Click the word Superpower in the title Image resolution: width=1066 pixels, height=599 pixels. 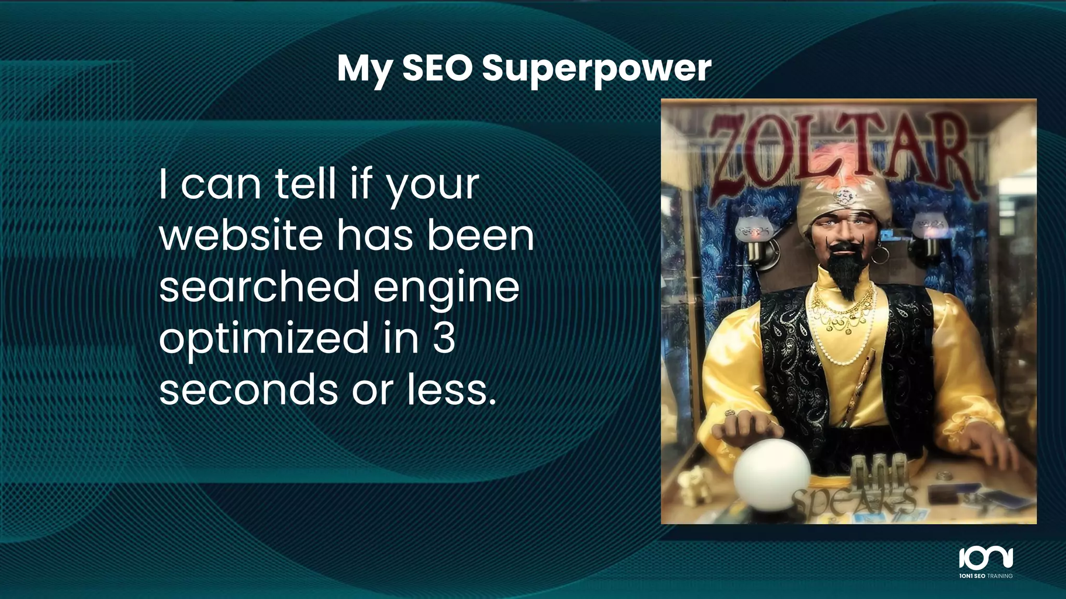tap(597, 69)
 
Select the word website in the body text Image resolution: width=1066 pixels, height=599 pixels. tap(241, 236)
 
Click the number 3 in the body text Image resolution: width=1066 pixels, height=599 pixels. tap(443, 338)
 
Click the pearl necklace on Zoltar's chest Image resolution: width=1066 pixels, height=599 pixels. tap(846, 343)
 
